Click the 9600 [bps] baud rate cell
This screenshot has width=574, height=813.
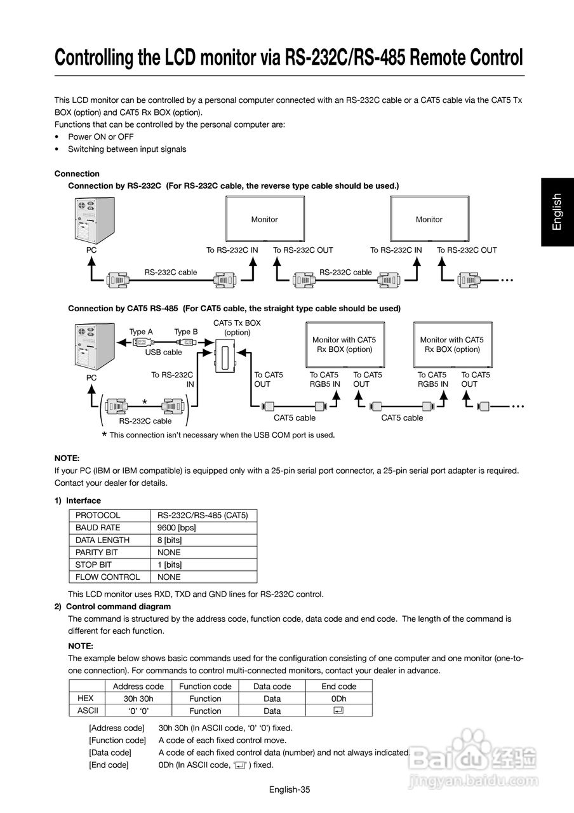click(177, 528)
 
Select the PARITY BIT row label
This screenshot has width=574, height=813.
click(96, 553)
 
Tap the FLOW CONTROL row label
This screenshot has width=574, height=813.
click(107, 577)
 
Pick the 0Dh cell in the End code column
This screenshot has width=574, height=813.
click(338, 699)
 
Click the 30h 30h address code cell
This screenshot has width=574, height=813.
click(138, 699)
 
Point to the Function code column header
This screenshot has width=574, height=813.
click(205, 687)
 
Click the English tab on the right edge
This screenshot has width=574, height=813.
click(557, 212)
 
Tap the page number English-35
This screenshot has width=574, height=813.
click(289, 789)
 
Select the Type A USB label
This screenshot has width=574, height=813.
click(141, 332)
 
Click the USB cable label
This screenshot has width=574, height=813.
click(163, 352)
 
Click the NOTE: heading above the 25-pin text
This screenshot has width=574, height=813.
click(67, 458)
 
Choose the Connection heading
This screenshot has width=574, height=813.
click(77, 173)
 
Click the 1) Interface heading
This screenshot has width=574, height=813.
click(77, 501)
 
